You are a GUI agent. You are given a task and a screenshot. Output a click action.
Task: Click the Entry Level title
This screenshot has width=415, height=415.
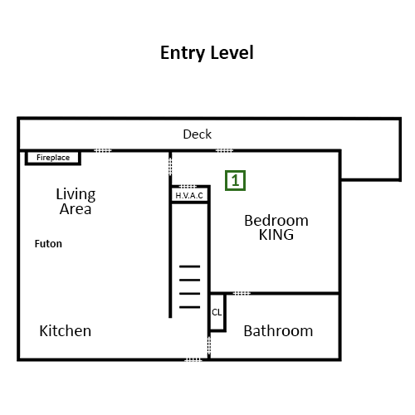click(x=207, y=53)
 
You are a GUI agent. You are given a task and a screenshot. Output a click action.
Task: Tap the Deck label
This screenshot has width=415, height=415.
click(x=198, y=134)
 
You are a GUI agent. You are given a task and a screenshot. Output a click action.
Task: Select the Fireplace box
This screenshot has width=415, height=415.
click(x=53, y=158)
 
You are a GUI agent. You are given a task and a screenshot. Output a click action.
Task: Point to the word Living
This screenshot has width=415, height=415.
click(x=76, y=195)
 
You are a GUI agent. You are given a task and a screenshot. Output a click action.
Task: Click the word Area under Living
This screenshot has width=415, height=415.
click(x=76, y=209)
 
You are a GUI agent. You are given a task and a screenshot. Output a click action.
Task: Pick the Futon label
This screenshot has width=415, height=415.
click(x=48, y=244)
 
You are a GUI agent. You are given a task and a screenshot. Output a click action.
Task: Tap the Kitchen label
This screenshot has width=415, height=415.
click(x=66, y=331)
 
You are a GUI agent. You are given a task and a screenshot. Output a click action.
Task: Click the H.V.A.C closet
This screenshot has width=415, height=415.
click(x=190, y=195)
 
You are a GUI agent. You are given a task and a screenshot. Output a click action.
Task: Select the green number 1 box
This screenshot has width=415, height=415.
click(x=235, y=180)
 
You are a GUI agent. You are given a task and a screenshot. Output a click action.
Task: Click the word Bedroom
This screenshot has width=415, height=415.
click(x=276, y=221)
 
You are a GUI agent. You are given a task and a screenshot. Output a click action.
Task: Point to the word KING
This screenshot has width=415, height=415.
click(x=276, y=235)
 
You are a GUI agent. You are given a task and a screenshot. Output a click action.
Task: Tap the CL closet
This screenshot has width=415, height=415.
click(x=217, y=312)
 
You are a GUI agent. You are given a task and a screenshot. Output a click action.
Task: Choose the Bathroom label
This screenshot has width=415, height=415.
click(x=278, y=331)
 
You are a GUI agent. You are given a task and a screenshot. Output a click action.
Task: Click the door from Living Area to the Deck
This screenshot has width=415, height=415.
click(x=103, y=150)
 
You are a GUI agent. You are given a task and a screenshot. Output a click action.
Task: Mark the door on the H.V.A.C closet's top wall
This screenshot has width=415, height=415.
click(x=188, y=187)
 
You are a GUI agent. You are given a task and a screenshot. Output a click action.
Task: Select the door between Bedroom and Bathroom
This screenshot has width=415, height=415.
click(x=242, y=293)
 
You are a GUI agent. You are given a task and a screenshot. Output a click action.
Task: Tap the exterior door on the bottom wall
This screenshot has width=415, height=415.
click(x=193, y=359)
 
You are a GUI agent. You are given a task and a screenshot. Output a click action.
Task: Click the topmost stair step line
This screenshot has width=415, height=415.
click(x=190, y=266)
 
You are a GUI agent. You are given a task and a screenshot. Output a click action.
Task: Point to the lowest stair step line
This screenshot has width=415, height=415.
click(x=190, y=307)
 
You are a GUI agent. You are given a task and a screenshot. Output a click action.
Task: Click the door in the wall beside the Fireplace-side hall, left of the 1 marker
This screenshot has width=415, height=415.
click(x=170, y=166)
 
